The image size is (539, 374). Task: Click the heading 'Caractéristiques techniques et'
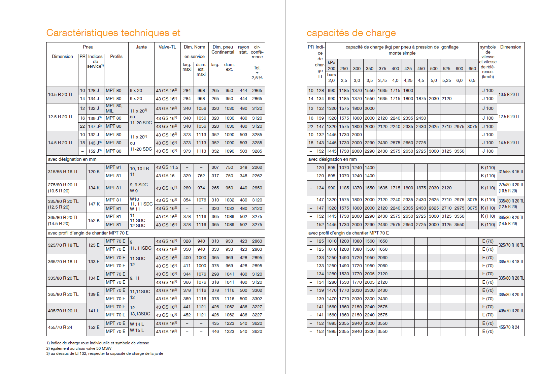tap(113, 33)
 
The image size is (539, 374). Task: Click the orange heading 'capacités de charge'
tap(351, 33)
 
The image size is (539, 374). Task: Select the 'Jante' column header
tap(141, 47)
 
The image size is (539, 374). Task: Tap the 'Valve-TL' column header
tap(167, 47)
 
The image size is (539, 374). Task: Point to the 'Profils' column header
tap(116, 57)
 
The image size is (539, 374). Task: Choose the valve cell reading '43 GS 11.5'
tap(167, 167)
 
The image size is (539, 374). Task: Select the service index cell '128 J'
tap(94, 91)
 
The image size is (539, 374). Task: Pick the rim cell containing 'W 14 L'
tap(137, 324)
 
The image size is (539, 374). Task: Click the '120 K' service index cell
tap(94, 172)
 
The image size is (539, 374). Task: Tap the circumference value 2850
tap(257, 188)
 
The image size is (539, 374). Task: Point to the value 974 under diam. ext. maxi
tap(201, 188)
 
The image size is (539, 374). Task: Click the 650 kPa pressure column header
tap(472, 69)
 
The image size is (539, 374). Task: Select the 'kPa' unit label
tap(331, 62)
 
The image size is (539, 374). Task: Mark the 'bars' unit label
tap(331, 75)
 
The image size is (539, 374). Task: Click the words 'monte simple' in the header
tap(402, 53)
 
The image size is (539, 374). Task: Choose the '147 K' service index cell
tap(94, 204)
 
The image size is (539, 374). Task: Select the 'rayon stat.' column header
tap(243, 50)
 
